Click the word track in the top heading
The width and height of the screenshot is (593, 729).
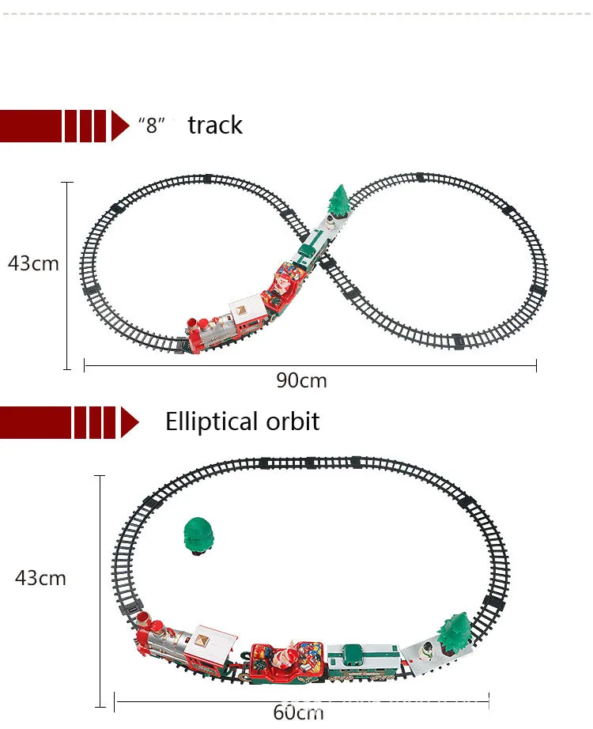(x=215, y=125)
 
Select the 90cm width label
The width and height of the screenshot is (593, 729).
(x=301, y=380)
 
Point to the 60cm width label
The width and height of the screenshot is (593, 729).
(x=297, y=711)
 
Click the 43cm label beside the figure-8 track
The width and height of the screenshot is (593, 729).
(x=33, y=263)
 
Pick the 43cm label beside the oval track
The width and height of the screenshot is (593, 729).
(x=40, y=578)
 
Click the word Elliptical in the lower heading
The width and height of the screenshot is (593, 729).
(x=211, y=421)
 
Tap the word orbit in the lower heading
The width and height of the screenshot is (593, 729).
(x=293, y=421)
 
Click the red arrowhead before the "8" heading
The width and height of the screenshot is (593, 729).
(x=120, y=126)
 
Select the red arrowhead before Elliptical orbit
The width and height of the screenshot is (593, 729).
(x=130, y=421)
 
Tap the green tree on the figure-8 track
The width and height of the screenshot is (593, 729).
(x=338, y=201)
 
